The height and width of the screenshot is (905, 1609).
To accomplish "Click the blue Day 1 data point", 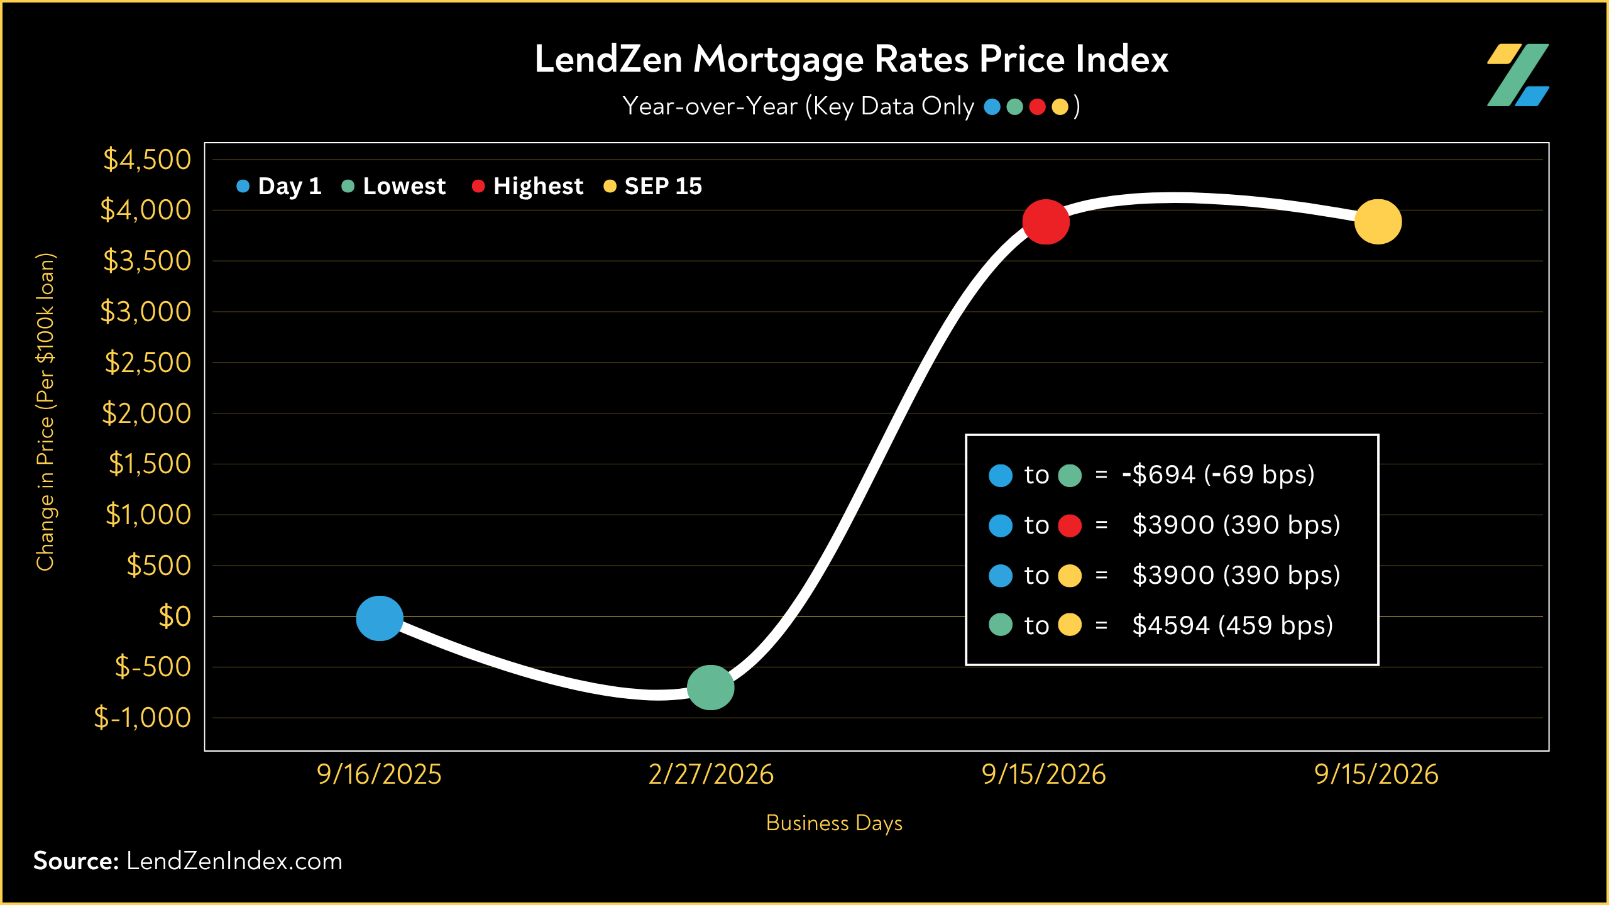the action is (380, 618).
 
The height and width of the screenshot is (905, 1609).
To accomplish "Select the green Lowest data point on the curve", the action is (711, 688).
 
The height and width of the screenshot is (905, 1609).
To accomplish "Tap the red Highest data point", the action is (1046, 222).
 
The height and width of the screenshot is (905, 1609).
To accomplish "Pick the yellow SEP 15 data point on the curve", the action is (1378, 222).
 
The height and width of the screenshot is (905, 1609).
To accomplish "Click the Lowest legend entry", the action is (393, 186).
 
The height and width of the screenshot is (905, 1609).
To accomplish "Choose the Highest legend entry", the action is (527, 186).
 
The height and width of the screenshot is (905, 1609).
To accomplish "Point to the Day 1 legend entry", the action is (279, 186).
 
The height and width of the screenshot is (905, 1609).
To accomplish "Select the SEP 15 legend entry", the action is (652, 186).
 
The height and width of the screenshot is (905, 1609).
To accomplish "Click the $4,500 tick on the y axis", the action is (147, 160).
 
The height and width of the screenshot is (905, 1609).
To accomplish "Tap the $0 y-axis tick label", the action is (175, 617).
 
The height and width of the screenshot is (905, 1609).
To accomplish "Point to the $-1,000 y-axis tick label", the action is (142, 718).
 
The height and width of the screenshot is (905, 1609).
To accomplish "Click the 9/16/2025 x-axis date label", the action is (379, 774).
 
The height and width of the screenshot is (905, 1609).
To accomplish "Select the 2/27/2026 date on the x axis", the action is (711, 774).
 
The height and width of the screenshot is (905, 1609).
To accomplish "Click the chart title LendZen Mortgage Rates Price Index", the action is (851, 60).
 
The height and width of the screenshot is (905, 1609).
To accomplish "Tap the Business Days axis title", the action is (834, 823).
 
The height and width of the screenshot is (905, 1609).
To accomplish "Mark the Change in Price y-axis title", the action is (45, 412).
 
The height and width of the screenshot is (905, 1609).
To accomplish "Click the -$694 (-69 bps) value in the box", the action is (1218, 475).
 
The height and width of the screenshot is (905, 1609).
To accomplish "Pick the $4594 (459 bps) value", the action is (1233, 626).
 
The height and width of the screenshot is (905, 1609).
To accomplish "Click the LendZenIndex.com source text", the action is (234, 861).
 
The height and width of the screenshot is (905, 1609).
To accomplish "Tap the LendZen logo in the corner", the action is (1518, 75).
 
